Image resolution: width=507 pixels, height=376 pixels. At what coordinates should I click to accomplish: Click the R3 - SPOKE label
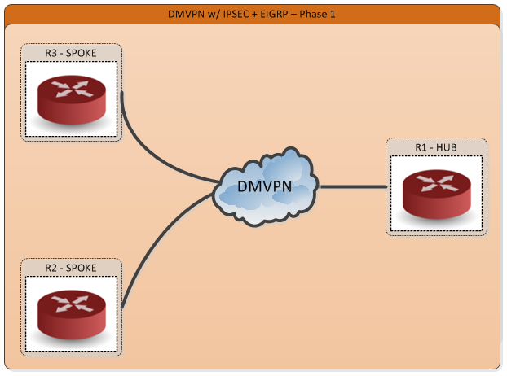click(x=72, y=53)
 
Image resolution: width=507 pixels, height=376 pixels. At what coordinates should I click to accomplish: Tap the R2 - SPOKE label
click(x=71, y=267)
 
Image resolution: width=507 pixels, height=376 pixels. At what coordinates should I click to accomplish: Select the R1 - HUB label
click(x=436, y=147)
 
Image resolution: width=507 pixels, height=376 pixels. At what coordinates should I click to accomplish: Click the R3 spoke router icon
click(x=72, y=99)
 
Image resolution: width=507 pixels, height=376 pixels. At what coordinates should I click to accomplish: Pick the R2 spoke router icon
click(x=72, y=313)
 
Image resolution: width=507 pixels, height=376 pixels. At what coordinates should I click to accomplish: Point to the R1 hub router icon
click(x=436, y=194)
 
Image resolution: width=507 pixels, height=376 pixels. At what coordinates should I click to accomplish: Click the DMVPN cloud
click(x=265, y=188)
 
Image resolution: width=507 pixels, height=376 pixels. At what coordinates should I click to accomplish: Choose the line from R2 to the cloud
click(x=159, y=236)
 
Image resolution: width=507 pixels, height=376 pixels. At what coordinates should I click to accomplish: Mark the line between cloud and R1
click(x=352, y=187)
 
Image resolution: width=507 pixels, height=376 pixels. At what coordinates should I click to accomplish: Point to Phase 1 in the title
click(x=318, y=14)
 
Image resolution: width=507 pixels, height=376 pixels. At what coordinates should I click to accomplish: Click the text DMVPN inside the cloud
click(x=265, y=186)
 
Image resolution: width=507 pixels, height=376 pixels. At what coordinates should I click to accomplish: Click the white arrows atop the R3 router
click(x=72, y=90)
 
